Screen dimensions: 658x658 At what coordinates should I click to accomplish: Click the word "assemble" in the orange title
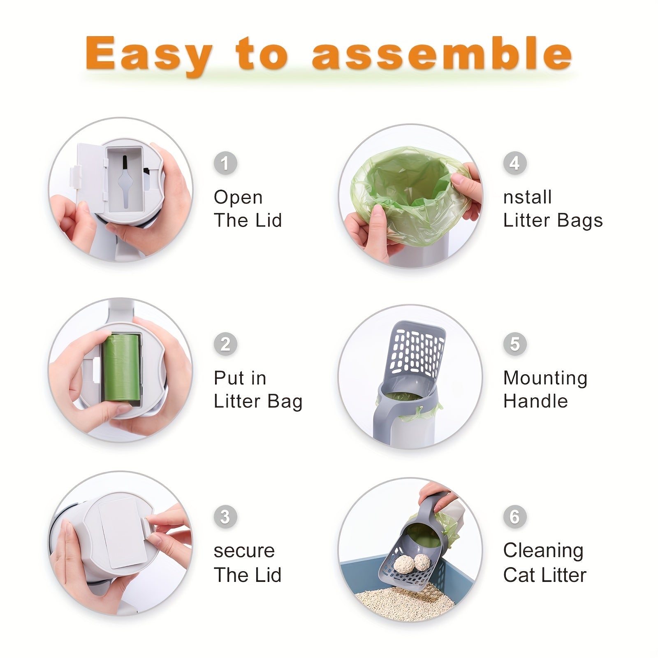click(x=442, y=53)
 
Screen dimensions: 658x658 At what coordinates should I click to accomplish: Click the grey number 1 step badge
click(x=225, y=163)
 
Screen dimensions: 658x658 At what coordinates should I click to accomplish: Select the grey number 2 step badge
click(x=225, y=344)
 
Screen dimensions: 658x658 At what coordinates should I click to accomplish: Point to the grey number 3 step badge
click(x=225, y=517)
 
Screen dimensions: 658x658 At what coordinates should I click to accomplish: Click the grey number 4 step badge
click(x=515, y=163)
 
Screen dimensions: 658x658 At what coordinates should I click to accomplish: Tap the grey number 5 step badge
click(x=515, y=344)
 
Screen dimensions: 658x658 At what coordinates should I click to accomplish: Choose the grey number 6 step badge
click(x=515, y=517)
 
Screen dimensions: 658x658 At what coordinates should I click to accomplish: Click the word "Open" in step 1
click(x=238, y=198)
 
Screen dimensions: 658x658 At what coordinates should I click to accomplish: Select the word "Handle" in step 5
click(x=535, y=401)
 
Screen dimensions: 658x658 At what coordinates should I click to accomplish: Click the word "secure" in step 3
click(x=244, y=551)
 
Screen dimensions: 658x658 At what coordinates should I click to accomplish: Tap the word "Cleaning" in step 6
click(x=543, y=551)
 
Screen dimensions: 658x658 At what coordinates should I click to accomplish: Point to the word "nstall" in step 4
click(x=527, y=197)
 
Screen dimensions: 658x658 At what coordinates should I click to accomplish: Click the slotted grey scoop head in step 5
click(x=417, y=350)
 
